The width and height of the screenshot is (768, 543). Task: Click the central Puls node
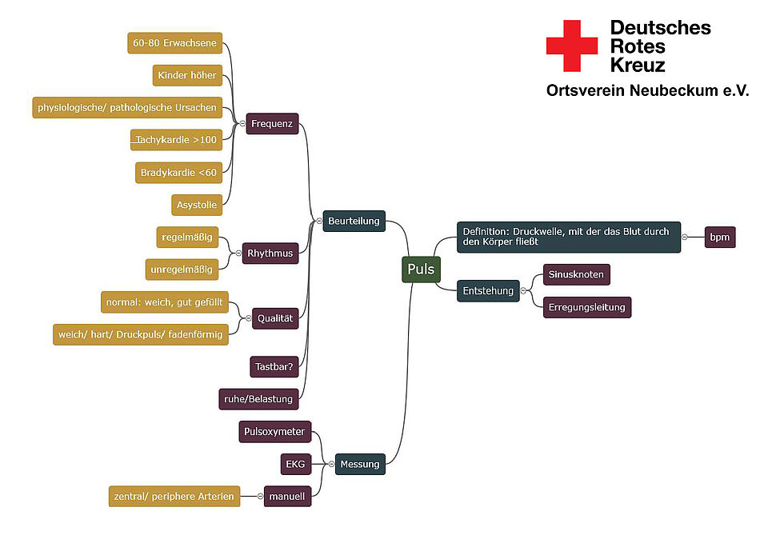(421, 269)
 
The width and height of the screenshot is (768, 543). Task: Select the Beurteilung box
(354, 221)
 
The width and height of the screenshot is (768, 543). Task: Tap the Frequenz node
(272, 123)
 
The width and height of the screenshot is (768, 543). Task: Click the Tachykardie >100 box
(176, 139)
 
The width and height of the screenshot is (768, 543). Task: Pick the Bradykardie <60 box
(178, 173)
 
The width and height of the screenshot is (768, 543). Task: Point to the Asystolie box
(197, 205)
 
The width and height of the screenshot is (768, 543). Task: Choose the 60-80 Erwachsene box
(175, 43)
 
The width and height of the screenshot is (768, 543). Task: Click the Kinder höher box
(187, 75)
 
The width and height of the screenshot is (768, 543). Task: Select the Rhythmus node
(270, 254)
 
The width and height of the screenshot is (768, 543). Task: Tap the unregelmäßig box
(182, 270)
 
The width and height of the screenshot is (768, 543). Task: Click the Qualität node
(274, 318)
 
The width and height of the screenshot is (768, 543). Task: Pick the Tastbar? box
(274, 367)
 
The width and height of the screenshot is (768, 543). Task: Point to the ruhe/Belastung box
(258, 399)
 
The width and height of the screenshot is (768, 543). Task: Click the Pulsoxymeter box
(274, 431)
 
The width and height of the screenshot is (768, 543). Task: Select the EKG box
(296, 464)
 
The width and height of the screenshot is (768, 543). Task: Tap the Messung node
(360, 464)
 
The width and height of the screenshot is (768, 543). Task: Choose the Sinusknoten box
(577, 274)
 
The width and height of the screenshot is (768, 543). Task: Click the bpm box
(720, 237)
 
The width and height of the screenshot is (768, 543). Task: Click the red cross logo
(572, 46)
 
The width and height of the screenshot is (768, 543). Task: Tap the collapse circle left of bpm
(685, 237)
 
